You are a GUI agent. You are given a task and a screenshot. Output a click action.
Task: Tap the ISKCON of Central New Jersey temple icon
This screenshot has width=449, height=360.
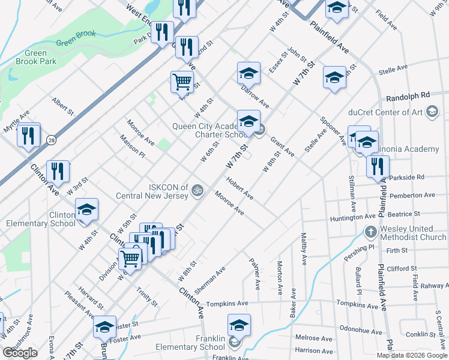[x=199, y=191]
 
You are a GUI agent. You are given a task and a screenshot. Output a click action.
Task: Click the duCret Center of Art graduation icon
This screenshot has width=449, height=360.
[x=431, y=112]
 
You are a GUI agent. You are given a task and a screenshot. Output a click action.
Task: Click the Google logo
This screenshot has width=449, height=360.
[x=20, y=353]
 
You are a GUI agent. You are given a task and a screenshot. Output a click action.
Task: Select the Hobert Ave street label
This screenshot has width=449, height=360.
[x=240, y=188]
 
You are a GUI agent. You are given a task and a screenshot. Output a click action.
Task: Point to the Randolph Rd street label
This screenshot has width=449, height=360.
[x=408, y=95]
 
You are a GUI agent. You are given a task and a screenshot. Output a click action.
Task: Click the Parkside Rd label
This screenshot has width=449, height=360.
[x=407, y=178]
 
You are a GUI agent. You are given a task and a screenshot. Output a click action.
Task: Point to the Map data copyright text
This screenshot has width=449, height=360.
[x=412, y=355]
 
